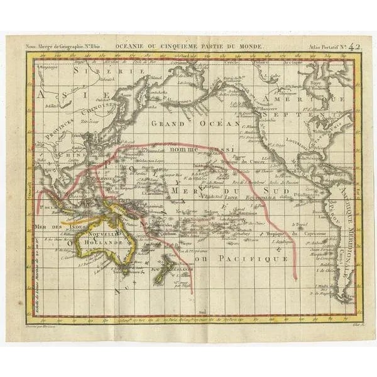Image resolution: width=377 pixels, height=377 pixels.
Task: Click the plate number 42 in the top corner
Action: point(354,45)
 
